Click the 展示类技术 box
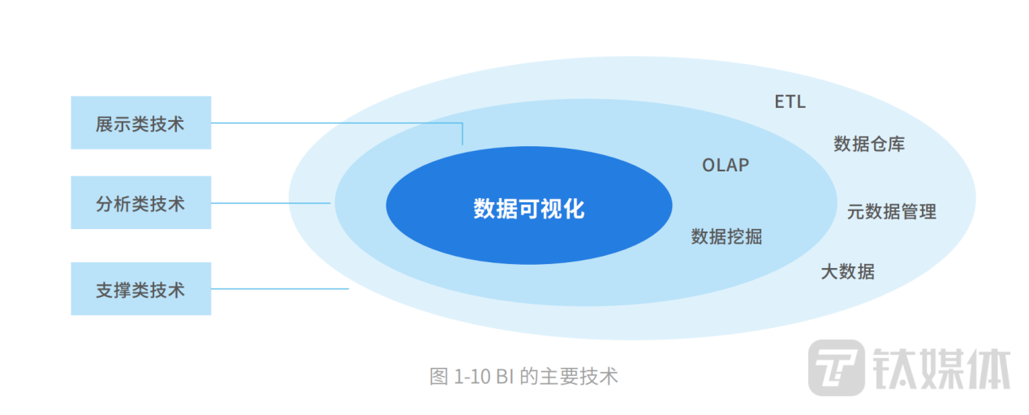tap(140, 123)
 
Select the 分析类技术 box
tap(140, 203)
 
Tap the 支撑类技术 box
tap(140, 289)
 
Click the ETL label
tap(790, 102)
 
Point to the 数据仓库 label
tap(869, 145)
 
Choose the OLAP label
tap(725, 165)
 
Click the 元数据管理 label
tap(891, 212)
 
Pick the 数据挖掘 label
tap(726, 236)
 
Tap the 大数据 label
tap(847, 271)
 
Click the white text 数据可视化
tap(529, 209)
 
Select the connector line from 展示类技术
tap(325, 123)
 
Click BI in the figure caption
tap(505, 377)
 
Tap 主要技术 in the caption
tap(580, 377)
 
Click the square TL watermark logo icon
tap(836, 367)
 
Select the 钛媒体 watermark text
tap(941, 368)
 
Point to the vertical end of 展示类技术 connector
tap(463, 135)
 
